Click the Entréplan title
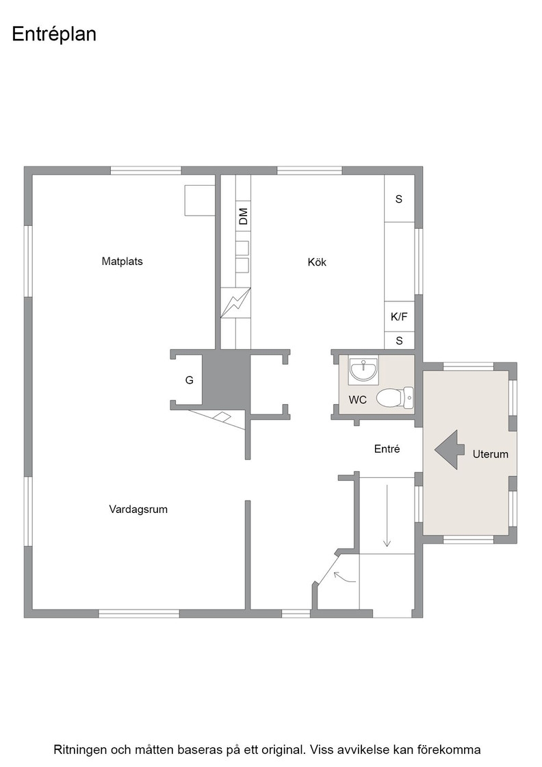[54, 35]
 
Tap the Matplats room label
[122, 261]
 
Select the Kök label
[317, 262]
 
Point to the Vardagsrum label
[138, 510]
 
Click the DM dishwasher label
[243, 216]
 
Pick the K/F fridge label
[399, 316]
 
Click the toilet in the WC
[395, 397]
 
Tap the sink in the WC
[363, 370]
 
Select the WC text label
[358, 400]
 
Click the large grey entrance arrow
[450, 450]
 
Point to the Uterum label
[490, 454]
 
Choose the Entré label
[387, 449]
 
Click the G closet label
[189, 380]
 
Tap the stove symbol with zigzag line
[235, 303]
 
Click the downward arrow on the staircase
[387, 515]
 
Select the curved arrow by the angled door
[344, 577]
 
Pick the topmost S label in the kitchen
[399, 199]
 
